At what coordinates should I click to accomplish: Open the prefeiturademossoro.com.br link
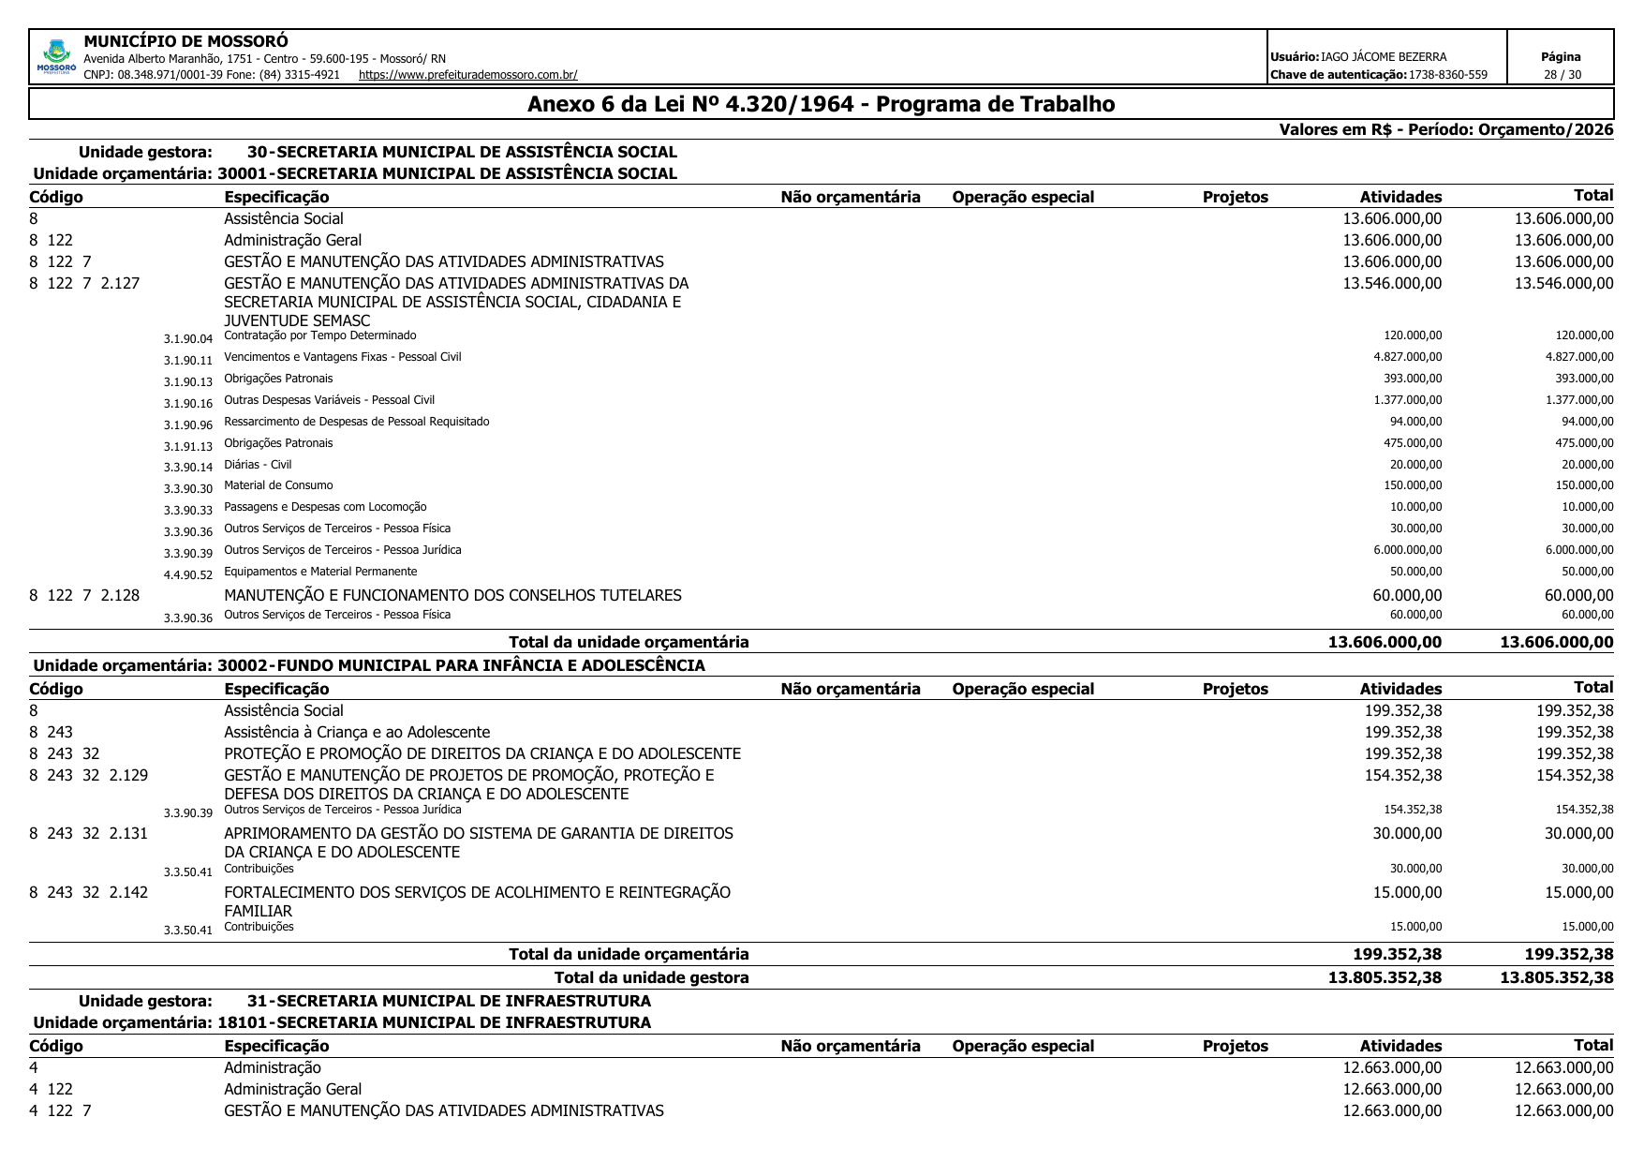tap(467, 75)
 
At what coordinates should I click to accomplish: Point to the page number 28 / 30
tap(1562, 75)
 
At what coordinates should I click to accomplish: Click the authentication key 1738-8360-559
tap(1447, 75)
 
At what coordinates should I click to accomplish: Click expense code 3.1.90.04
tap(188, 339)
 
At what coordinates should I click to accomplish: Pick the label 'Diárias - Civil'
tap(258, 465)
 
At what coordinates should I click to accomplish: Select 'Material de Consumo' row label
tap(278, 485)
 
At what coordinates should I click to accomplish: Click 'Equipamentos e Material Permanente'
tap(320, 572)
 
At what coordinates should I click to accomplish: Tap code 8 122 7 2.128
tap(84, 596)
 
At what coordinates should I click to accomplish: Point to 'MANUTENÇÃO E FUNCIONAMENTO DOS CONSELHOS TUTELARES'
tap(452, 596)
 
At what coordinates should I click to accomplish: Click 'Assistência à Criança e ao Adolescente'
tap(356, 733)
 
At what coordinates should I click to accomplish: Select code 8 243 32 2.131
tap(89, 834)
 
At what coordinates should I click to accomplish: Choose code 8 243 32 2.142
tap(89, 893)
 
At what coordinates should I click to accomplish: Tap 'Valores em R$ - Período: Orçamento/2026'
tap(1446, 130)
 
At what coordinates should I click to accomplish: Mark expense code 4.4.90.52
tap(188, 575)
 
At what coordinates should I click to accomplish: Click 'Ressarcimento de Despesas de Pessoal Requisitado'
tap(356, 422)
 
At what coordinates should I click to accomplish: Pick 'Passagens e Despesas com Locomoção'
tap(325, 507)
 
